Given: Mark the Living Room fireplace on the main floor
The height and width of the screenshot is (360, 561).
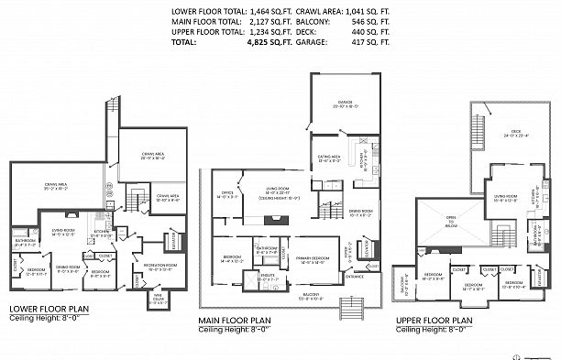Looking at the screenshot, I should pyautogui.click(x=274, y=219).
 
